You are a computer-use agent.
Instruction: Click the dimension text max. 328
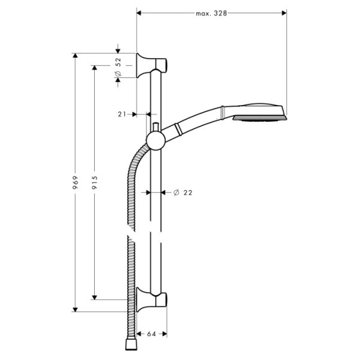pyautogui.click(x=211, y=12)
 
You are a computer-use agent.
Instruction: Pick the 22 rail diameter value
pyautogui.click(x=187, y=193)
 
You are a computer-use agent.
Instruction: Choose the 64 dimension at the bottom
pyautogui.click(x=151, y=334)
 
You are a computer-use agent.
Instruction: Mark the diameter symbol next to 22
pyautogui.click(x=176, y=193)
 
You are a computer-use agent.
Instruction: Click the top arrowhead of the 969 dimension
pyautogui.click(x=75, y=56)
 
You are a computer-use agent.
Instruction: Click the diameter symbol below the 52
pyautogui.click(x=118, y=73)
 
